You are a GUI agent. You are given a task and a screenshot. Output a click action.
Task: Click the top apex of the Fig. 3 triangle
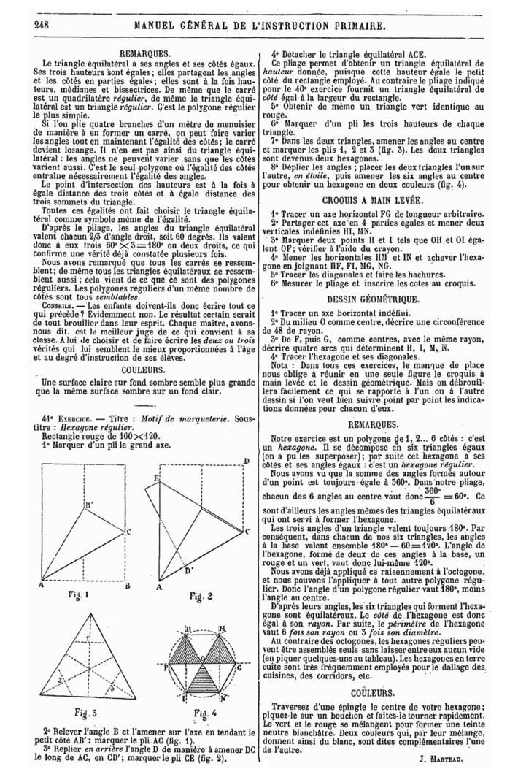coord(85,612)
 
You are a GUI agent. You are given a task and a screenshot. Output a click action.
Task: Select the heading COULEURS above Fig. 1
coord(143,370)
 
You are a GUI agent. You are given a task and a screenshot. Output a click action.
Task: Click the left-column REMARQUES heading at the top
coord(143,54)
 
